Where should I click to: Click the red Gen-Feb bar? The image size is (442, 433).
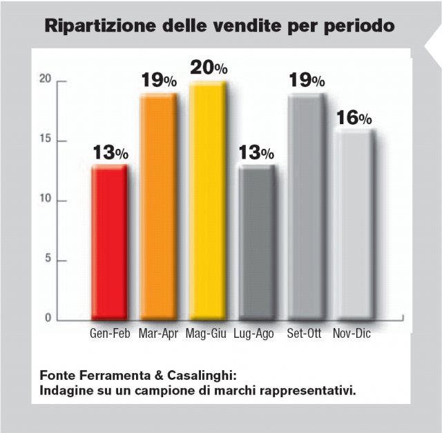tap(110, 242)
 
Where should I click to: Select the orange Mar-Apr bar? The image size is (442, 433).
tap(158, 207)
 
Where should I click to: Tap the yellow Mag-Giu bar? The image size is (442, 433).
tap(207, 201)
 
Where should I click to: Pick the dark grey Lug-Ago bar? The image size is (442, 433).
tap(256, 242)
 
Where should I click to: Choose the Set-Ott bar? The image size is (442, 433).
tap(305, 207)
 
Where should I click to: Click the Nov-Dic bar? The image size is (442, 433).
tap(354, 224)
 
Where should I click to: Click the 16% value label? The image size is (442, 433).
tap(354, 118)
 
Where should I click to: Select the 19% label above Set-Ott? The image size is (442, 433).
tap(306, 81)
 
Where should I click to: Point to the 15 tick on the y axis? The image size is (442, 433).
tap(45, 141)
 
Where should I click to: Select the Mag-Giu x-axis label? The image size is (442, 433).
tap(208, 334)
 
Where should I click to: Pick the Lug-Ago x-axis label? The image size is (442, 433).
tap(254, 334)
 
